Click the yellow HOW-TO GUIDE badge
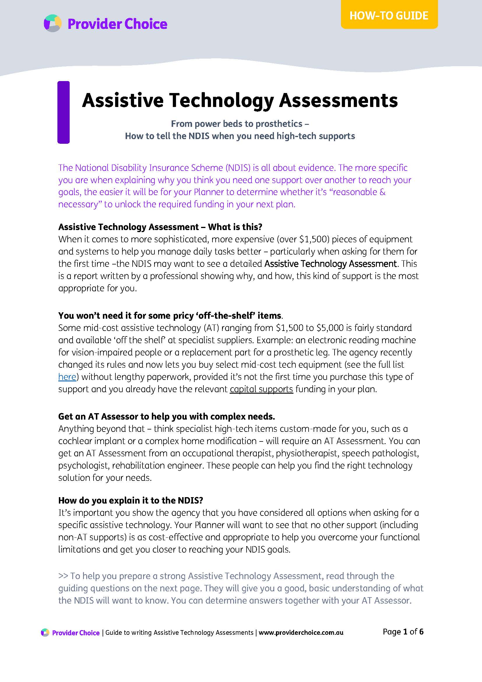point(389,15)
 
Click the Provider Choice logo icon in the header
point(52,23)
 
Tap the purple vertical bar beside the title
point(63,112)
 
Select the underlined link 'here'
point(67,377)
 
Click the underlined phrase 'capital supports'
point(261,389)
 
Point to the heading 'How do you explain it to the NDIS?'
point(130,501)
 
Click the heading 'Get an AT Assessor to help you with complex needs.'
point(166,416)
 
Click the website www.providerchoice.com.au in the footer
point(301,633)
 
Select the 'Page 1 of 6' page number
point(403,632)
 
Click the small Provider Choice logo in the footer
point(45,633)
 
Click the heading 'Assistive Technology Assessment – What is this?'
point(160,227)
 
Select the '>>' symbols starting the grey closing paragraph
point(63,576)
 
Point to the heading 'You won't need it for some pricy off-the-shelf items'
point(170,315)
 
